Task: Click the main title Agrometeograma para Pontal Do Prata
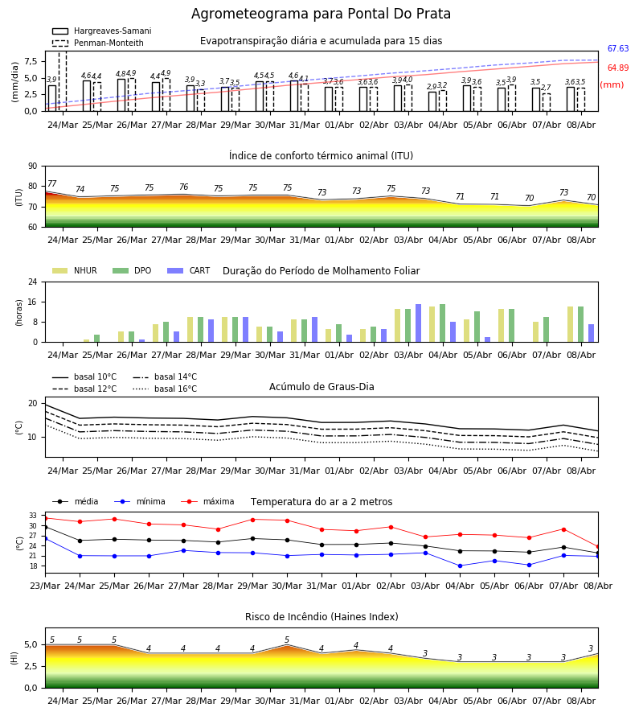pyautogui.click(x=321, y=14)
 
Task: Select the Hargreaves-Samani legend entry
pyautogui.click(x=101, y=31)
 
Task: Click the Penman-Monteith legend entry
pyautogui.click(x=98, y=43)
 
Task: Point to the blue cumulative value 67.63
pyautogui.click(x=618, y=48)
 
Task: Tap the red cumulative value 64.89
pyautogui.click(x=618, y=68)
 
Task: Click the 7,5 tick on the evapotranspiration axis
pyautogui.click(x=31, y=61)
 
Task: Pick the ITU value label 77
pyautogui.click(x=52, y=183)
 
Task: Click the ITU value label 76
pyautogui.click(x=183, y=187)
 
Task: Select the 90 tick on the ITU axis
pyautogui.click(x=33, y=167)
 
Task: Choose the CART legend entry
pyautogui.click(x=189, y=270)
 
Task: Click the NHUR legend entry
pyautogui.click(x=75, y=270)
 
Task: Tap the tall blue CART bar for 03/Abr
pyautogui.click(x=419, y=323)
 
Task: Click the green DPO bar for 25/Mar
pyautogui.click(x=97, y=339)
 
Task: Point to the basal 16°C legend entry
pyautogui.click(x=165, y=389)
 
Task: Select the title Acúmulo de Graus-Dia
pyautogui.click(x=321, y=387)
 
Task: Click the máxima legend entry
pyautogui.click(x=207, y=501)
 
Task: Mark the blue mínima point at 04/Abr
pyautogui.click(x=460, y=566)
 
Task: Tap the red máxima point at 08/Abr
pyautogui.click(x=598, y=547)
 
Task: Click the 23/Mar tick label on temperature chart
pyautogui.click(x=45, y=586)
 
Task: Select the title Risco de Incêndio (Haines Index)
pyautogui.click(x=321, y=617)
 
